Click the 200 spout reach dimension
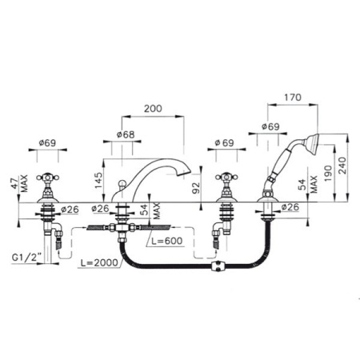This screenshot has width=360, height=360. tap(153, 109)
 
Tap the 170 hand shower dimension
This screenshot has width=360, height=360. tap(293, 98)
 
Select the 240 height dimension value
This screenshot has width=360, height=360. tap(342, 166)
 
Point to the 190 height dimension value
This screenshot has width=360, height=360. tap(328, 174)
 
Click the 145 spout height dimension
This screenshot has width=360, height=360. tap(98, 181)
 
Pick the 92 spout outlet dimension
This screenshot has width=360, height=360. tap(196, 188)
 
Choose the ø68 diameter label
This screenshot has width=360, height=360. tap(126, 134)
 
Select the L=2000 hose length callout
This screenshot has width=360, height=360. tap(99, 262)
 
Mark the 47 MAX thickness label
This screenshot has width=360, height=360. tap(20, 183)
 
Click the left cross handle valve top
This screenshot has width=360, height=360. tap(47, 177)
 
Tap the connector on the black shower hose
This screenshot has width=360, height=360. tap(218, 266)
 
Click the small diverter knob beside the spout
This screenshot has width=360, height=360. tap(122, 184)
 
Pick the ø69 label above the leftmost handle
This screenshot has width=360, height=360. tap(47, 143)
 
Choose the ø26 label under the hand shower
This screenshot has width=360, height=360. tap(290, 207)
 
